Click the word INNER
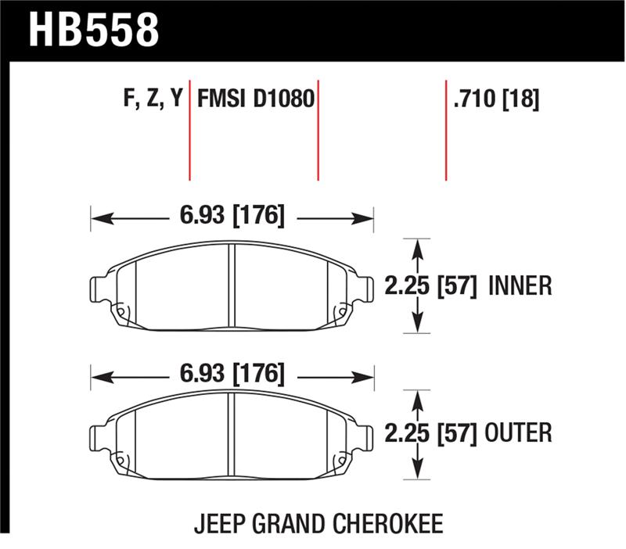pyautogui.click(x=520, y=286)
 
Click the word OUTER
pyautogui.click(x=520, y=431)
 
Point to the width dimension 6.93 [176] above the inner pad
pyautogui.click(x=232, y=215)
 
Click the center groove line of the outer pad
pyautogui.click(x=232, y=434)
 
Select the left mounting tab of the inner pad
pyautogui.click(x=100, y=291)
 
